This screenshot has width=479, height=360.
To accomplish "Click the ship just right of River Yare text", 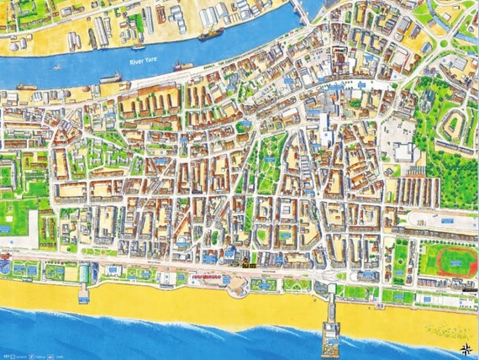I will (x=182, y=66).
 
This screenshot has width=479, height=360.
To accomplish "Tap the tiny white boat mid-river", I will (x=56, y=67).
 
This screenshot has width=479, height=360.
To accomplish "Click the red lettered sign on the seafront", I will (x=207, y=274).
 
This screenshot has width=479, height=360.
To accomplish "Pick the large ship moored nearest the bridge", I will (x=209, y=34).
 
